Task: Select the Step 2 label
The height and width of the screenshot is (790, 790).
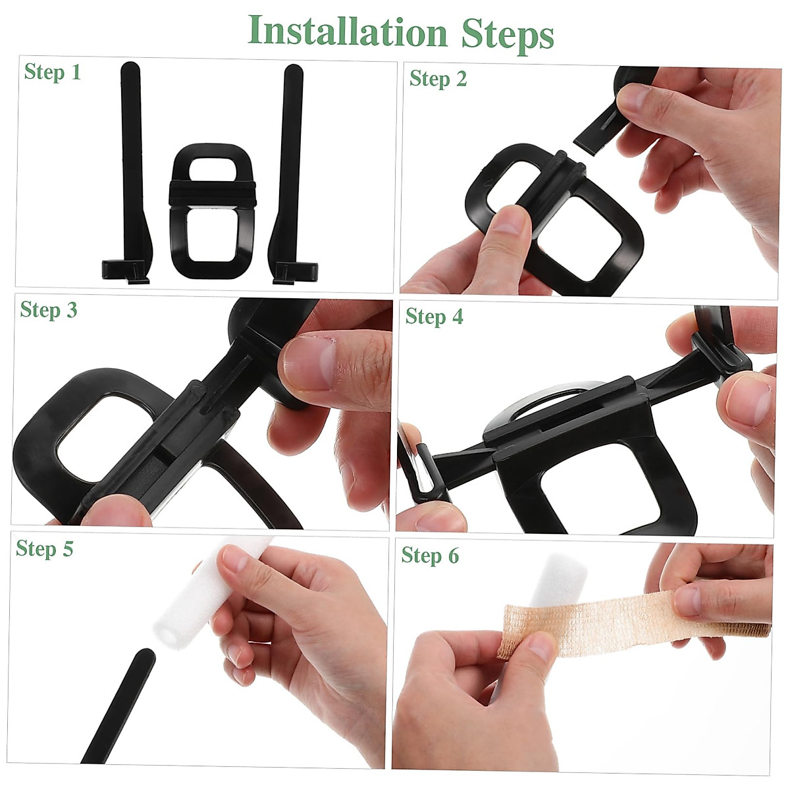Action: pos(438,79)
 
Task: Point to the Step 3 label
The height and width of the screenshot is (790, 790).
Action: pos(48,309)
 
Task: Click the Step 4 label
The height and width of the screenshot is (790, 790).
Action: pos(434,317)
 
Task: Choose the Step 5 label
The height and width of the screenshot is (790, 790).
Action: pos(44,548)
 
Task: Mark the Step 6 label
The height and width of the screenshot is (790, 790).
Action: pos(430,556)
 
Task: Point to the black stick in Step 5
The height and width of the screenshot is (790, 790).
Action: pos(118,704)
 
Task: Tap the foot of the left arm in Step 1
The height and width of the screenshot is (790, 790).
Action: pos(125,271)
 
